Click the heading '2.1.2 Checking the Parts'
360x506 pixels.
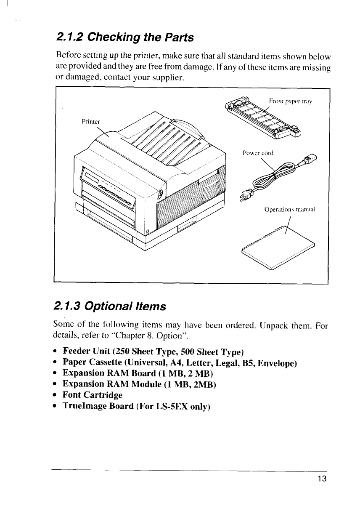124,37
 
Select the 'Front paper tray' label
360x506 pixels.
289,101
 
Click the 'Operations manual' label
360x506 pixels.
289,209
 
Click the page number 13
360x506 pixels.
322,479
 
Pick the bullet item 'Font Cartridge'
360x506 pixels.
93,395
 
